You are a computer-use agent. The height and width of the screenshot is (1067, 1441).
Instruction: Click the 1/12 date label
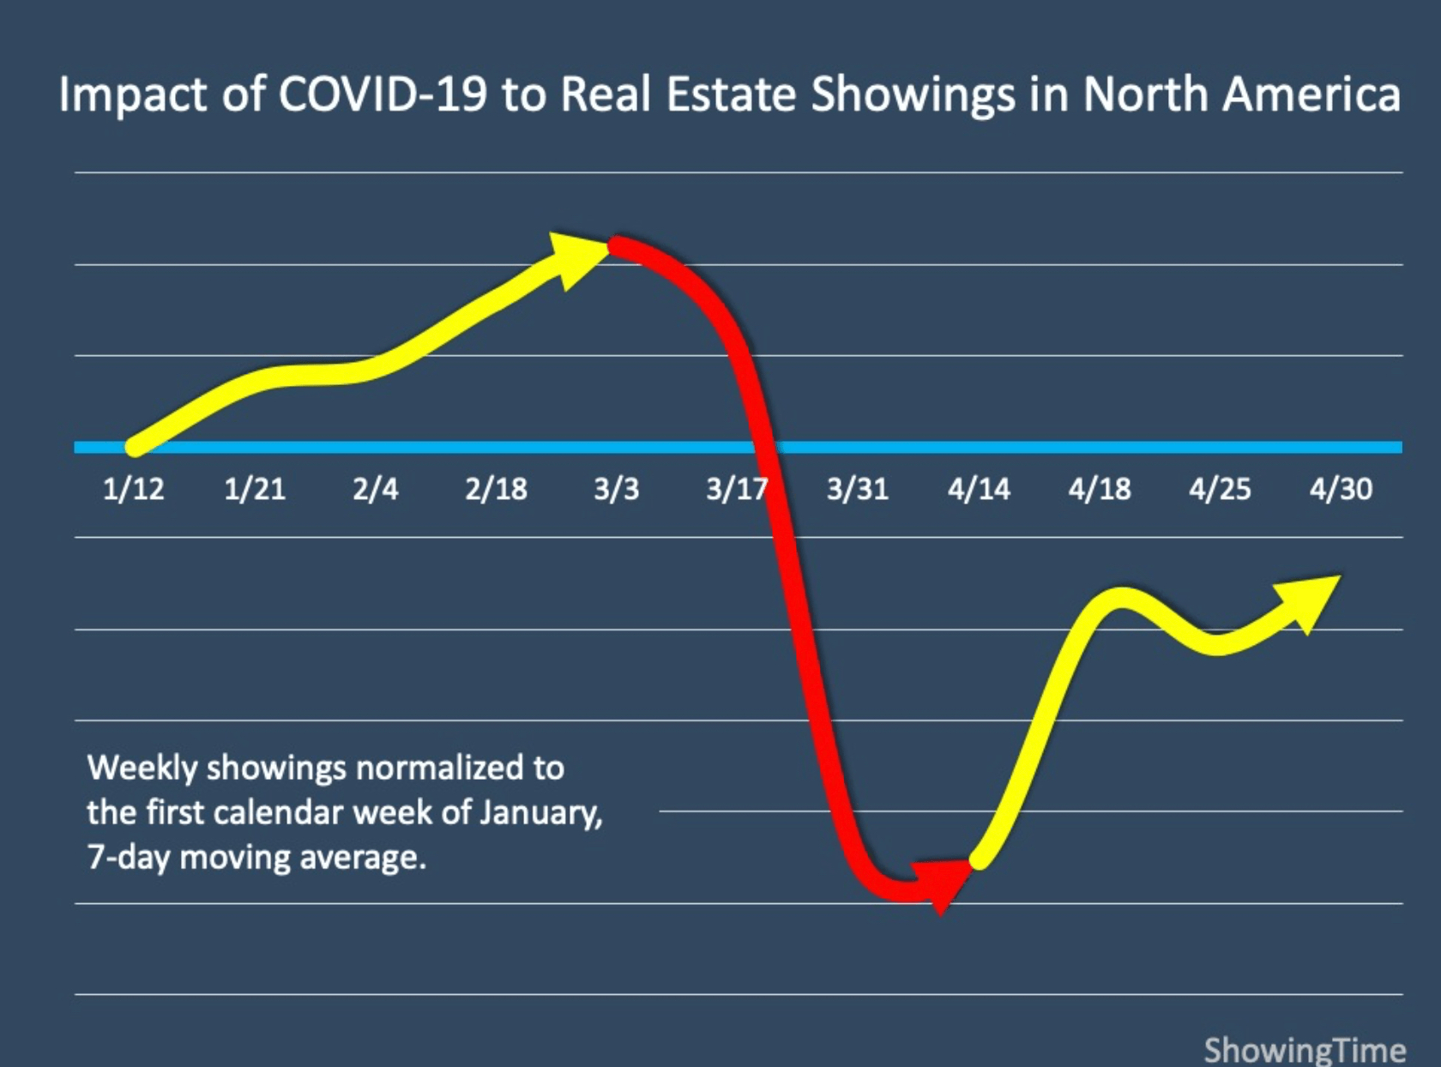tap(133, 489)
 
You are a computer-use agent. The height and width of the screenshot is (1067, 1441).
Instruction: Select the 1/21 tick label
tap(254, 489)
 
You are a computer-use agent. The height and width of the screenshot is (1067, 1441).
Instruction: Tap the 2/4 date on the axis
tap(375, 489)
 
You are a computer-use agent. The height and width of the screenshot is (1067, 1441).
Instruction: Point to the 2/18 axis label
tap(496, 489)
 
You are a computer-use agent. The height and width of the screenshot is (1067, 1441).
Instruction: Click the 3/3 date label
tap(616, 489)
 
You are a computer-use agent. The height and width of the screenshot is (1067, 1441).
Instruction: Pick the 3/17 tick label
tap(735, 489)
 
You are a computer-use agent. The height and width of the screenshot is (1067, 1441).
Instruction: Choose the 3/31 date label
tap(858, 489)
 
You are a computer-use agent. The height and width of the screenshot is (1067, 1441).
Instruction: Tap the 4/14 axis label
tap(979, 489)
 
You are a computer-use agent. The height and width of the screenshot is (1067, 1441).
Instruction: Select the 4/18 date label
tap(1100, 489)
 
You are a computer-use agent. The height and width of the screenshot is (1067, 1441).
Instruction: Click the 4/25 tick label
tap(1220, 489)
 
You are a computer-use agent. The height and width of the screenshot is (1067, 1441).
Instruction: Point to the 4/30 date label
tap(1341, 489)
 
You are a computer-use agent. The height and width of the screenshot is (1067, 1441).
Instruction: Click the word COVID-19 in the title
tap(382, 94)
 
